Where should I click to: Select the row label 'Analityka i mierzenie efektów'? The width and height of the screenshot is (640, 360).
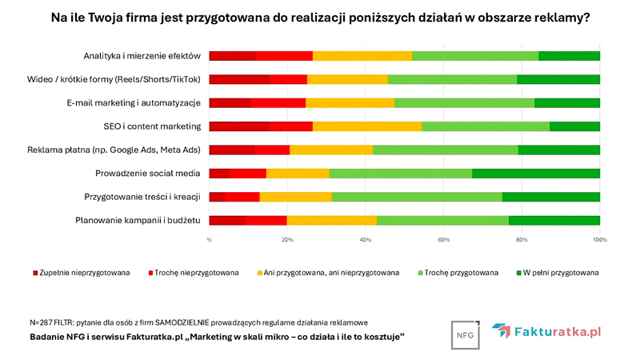pyautogui.click(x=141, y=55)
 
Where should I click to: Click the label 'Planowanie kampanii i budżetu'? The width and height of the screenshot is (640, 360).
pyautogui.click(x=138, y=220)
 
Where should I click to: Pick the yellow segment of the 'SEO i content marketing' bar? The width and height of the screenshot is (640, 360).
pyautogui.click(x=367, y=126)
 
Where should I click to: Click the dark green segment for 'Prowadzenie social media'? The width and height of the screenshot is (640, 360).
pyautogui.click(x=536, y=173)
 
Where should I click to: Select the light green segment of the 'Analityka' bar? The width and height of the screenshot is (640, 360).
pyautogui.click(x=475, y=55)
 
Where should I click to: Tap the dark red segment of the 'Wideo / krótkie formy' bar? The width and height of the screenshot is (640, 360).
pyautogui.click(x=238, y=79)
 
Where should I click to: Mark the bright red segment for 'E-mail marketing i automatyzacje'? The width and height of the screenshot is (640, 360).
pyautogui.click(x=278, y=102)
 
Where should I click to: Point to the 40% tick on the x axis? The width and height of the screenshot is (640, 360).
pyautogui.click(x=366, y=239)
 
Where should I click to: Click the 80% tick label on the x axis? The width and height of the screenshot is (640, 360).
pyautogui.click(x=522, y=239)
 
